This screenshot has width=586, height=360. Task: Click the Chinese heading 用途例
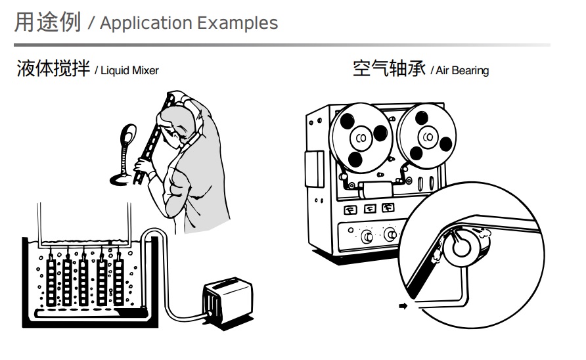[x=47, y=22]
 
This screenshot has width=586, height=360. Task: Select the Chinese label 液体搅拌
[x=53, y=68]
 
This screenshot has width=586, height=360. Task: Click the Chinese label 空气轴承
[x=389, y=68]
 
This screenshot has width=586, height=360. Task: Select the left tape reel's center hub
[x=361, y=138]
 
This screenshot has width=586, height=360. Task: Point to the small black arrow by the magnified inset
[x=403, y=305]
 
